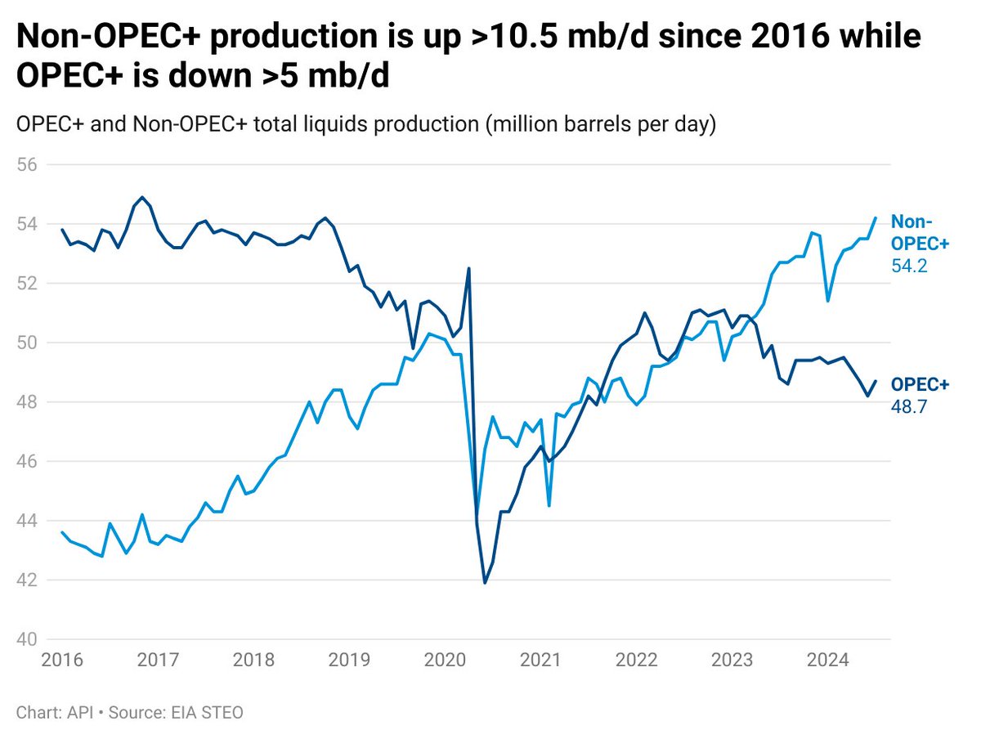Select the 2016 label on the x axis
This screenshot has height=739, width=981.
[x=62, y=660]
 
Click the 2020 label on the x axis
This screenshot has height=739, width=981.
[x=441, y=660]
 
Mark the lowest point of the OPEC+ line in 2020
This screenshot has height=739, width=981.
[x=485, y=583]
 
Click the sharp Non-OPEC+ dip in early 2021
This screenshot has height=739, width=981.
[x=549, y=506]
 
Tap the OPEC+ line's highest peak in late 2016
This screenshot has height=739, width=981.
[x=142, y=197]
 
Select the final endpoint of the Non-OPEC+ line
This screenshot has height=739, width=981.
[x=876, y=217]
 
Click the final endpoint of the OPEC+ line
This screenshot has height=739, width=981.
[x=876, y=381]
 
